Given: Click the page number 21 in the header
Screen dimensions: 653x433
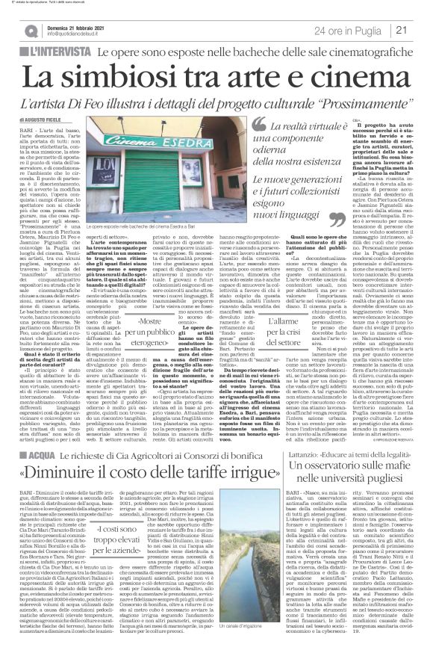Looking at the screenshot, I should click(421, 29).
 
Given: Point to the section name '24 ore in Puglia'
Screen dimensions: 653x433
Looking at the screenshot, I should click(355, 30).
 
